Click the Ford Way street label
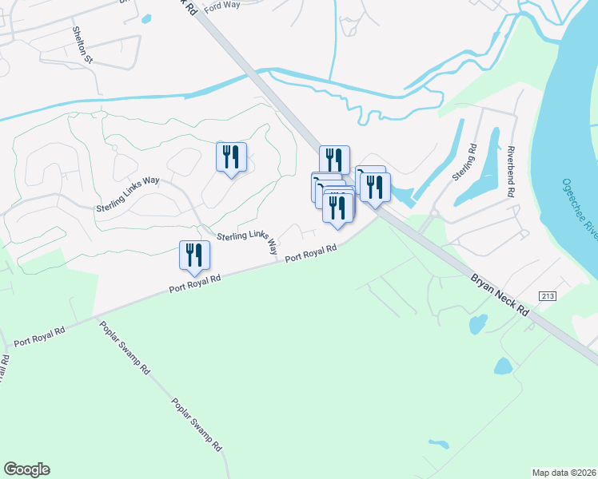pyautogui.click(x=222, y=6)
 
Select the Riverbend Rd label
pyautogui.click(x=508, y=172)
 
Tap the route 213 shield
pyautogui.click(x=547, y=296)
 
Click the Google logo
pyautogui.click(x=26, y=469)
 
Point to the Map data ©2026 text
pyautogui.click(x=564, y=473)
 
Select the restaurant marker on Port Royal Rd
pyautogui.click(x=194, y=256)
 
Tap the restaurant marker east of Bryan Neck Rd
pyautogui.click(x=373, y=188)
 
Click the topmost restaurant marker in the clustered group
pyautogui.click(x=334, y=160)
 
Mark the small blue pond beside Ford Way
pyautogui.click(x=146, y=18)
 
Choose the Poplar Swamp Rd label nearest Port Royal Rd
pyautogui.click(x=125, y=348)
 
